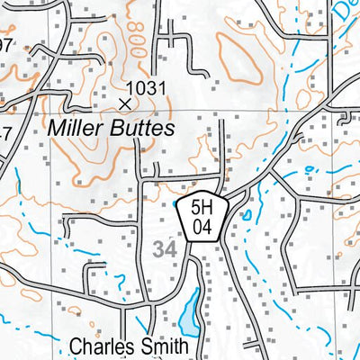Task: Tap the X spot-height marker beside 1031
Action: pyautogui.click(x=124, y=103)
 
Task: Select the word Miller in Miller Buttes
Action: pyautogui.click(x=76, y=129)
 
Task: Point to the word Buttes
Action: pyautogui.click(x=140, y=129)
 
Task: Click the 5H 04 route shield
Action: pyautogui.click(x=201, y=218)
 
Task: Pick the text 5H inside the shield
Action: pyautogui.click(x=201, y=209)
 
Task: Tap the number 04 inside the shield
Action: pyautogui.click(x=201, y=228)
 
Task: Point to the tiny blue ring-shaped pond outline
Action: pyautogui.click(x=310, y=168)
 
